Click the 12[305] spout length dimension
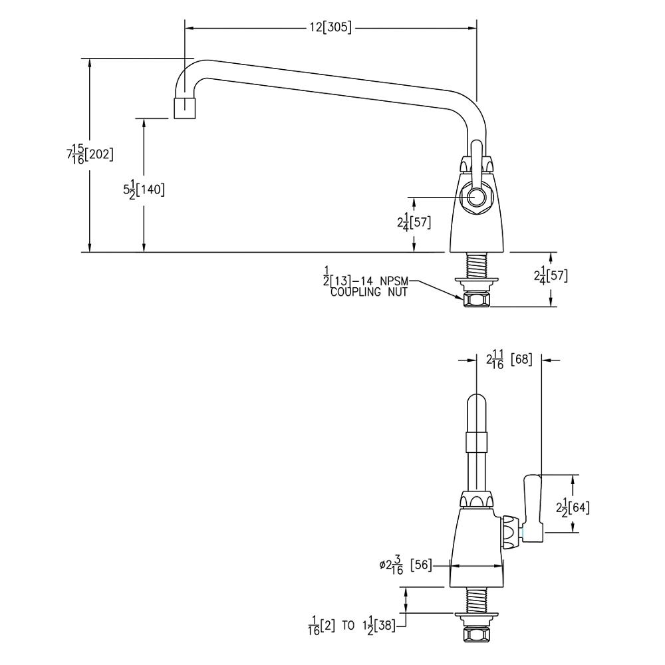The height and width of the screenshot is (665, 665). pos(331,28)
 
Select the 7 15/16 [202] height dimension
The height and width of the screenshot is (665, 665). pos(90,154)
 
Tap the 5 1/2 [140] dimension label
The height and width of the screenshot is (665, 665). pos(144,190)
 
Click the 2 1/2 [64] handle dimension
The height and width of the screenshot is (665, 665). pos(573,507)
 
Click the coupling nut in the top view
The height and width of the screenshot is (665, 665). pos(476,301)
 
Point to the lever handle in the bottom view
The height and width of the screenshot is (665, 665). pos(534,505)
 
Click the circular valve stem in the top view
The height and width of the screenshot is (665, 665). pos(476,197)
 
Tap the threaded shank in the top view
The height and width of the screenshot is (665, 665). pos(476,266)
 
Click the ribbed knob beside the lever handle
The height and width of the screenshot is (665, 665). pos(510,532)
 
